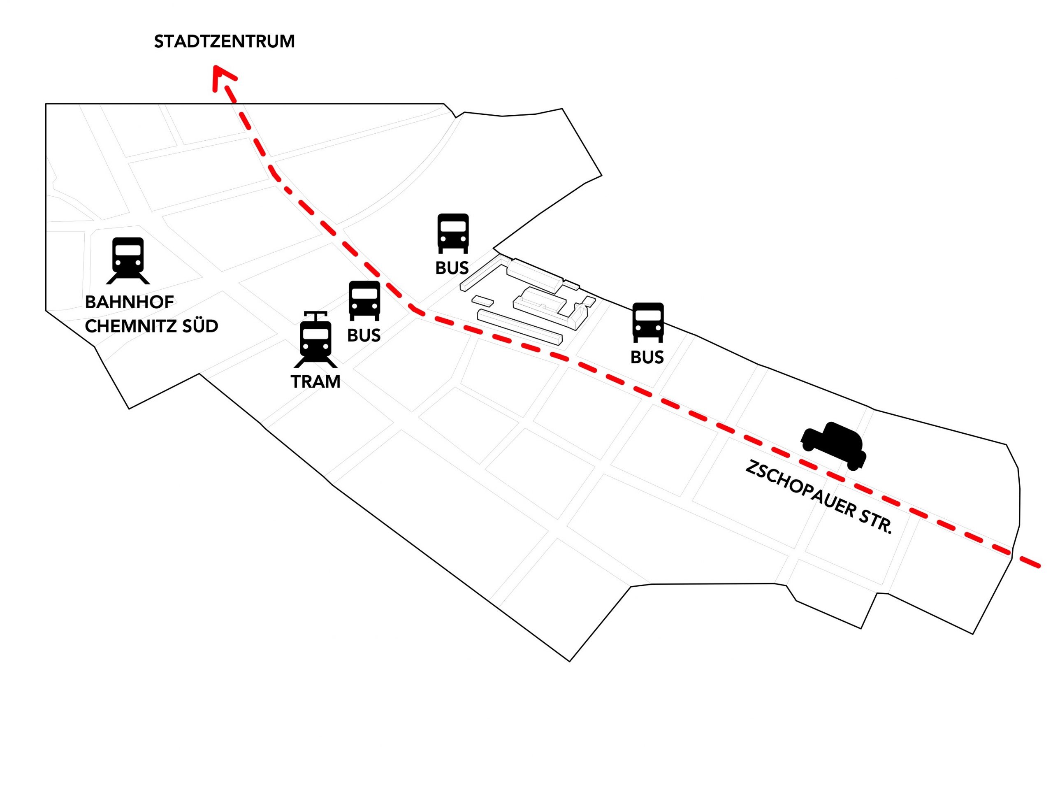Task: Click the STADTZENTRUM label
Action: tap(224, 42)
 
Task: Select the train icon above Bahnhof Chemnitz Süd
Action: tap(128, 260)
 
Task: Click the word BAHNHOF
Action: tap(130, 302)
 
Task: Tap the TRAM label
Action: tap(315, 382)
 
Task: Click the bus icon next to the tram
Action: tap(364, 300)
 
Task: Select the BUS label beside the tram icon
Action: tap(364, 336)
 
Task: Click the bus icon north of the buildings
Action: tap(453, 233)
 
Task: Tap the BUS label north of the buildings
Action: tap(452, 268)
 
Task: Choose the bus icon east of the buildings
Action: tap(647, 322)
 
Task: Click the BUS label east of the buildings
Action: tap(647, 357)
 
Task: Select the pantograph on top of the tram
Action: tap(315, 315)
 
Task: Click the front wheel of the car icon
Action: tap(854, 464)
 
